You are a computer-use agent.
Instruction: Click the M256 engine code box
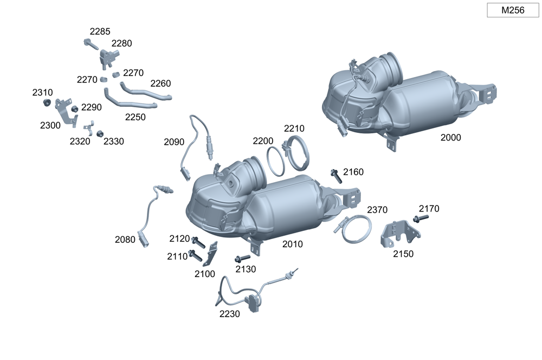pyautogui.click(x=513, y=10)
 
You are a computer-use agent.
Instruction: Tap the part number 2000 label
pyautogui.click(x=450, y=137)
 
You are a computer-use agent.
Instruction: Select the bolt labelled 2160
pyautogui.click(x=336, y=176)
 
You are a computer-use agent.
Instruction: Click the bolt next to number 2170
pyautogui.click(x=421, y=218)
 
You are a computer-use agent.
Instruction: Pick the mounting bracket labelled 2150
pyautogui.click(x=400, y=234)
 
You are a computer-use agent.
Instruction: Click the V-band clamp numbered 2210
pyautogui.click(x=296, y=152)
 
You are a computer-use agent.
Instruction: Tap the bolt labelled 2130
pyautogui.click(x=242, y=259)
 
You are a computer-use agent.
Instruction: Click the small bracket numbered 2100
pyautogui.click(x=211, y=254)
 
